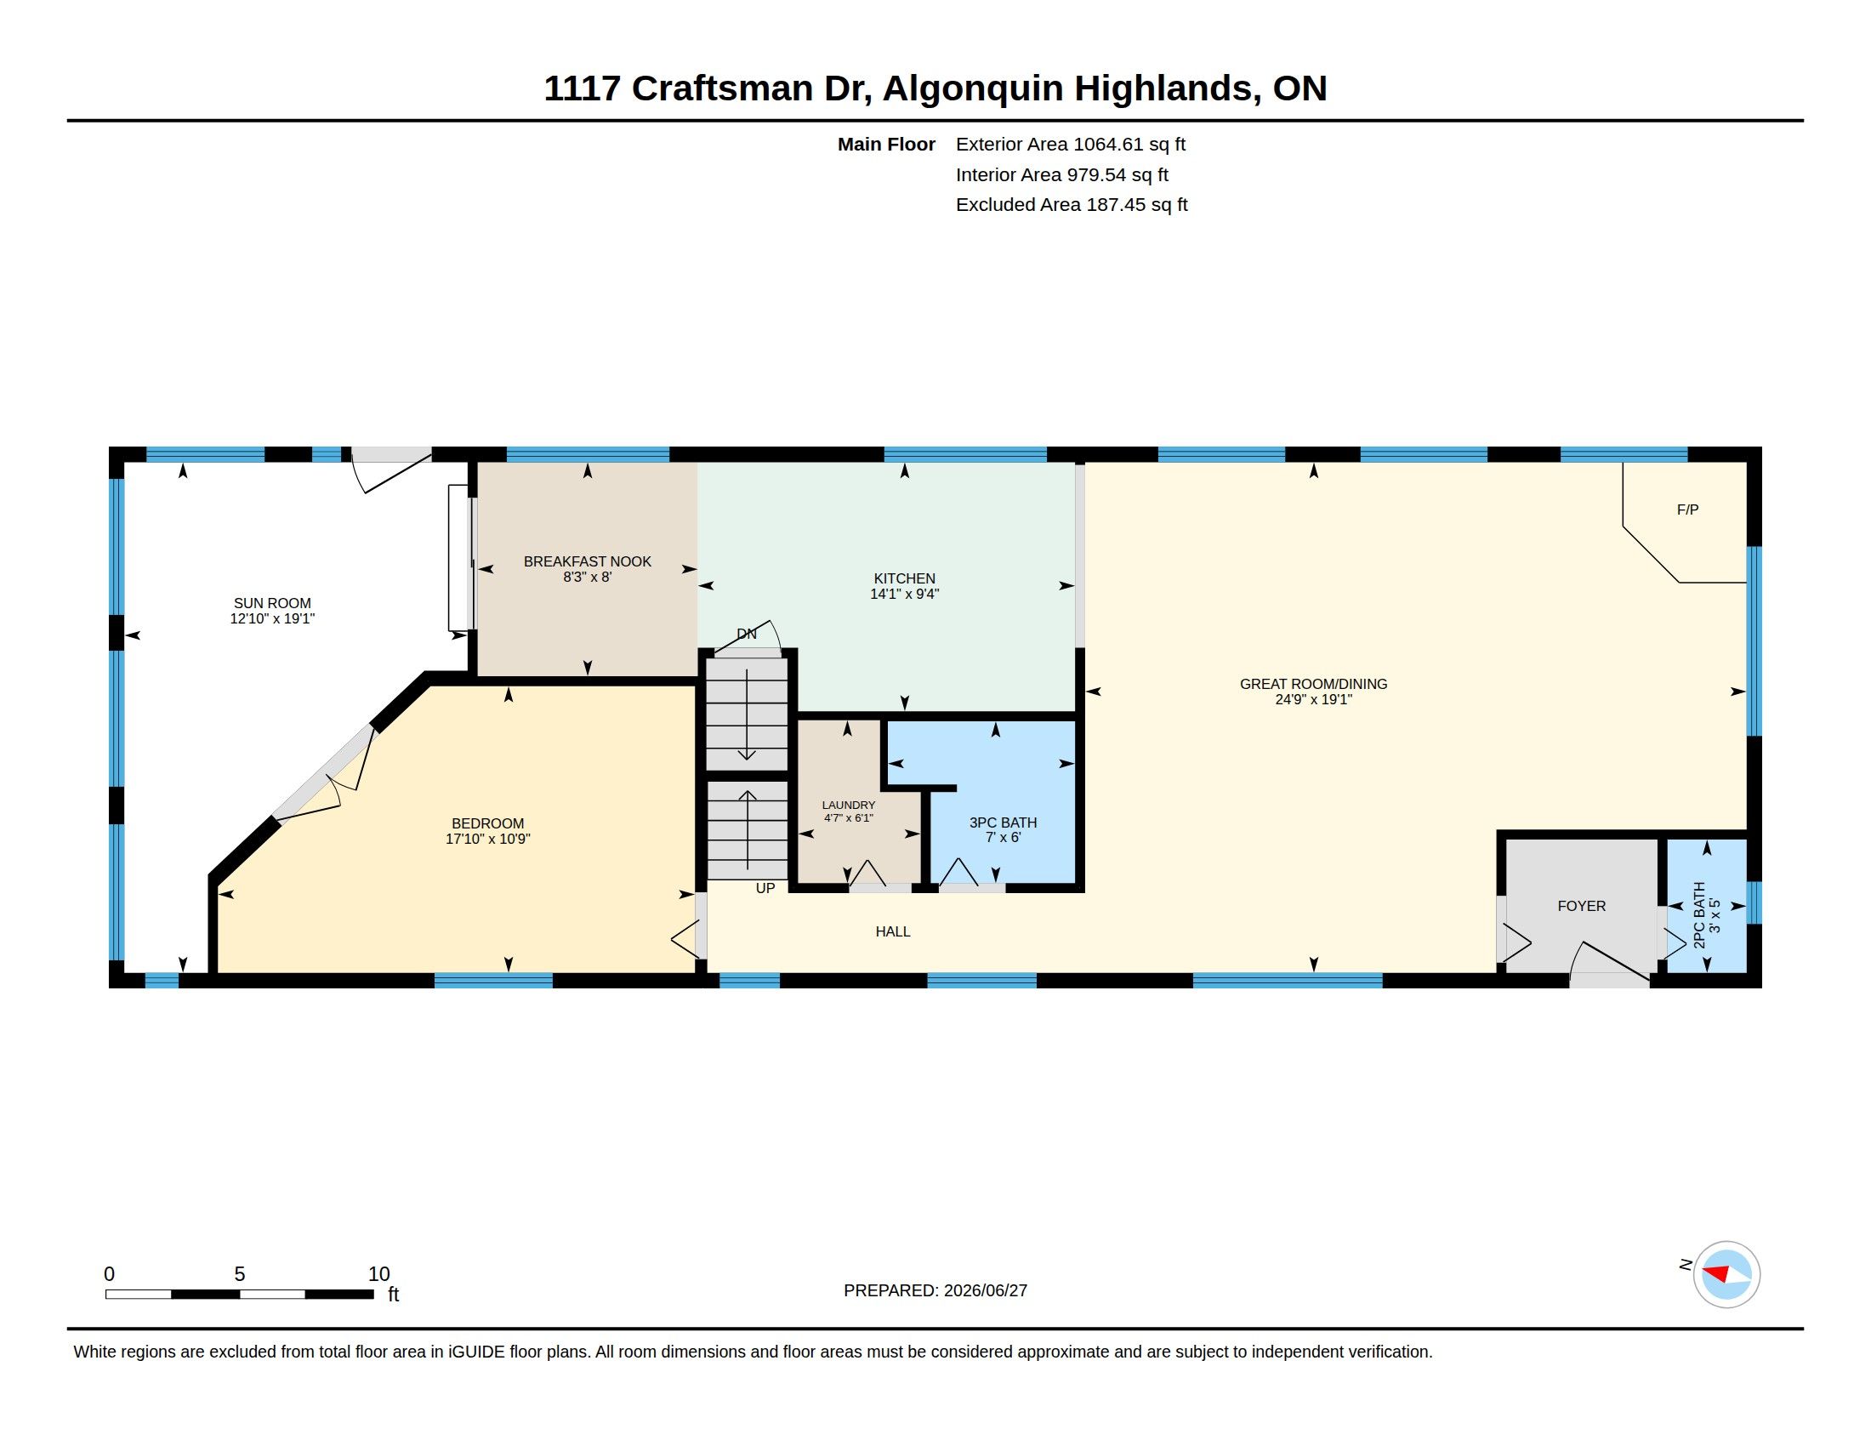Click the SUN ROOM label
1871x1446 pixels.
pos(272,603)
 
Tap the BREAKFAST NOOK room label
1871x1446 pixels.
pos(588,562)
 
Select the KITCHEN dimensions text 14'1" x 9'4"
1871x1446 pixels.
pos(905,594)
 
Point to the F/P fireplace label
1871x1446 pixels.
pos(1686,510)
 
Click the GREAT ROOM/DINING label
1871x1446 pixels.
pos(1313,684)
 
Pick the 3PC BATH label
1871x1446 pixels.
pos(1004,823)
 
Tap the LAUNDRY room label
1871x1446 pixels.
pos(848,806)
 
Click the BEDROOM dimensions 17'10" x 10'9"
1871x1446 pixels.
pos(487,839)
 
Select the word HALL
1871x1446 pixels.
pos(893,931)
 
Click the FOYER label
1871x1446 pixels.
pos(1582,906)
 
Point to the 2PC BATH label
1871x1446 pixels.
pos(1700,915)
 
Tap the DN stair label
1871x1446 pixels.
pos(746,634)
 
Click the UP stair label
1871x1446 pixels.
pos(765,888)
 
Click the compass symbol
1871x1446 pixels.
pos(1726,1275)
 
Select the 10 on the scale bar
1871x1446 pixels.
pos(378,1274)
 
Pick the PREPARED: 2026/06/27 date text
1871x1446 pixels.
pos(935,1290)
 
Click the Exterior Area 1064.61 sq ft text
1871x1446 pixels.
pos(1070,145)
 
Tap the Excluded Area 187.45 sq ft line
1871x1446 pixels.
pos(1071,205)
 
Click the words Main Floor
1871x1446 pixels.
pos(886,145)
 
